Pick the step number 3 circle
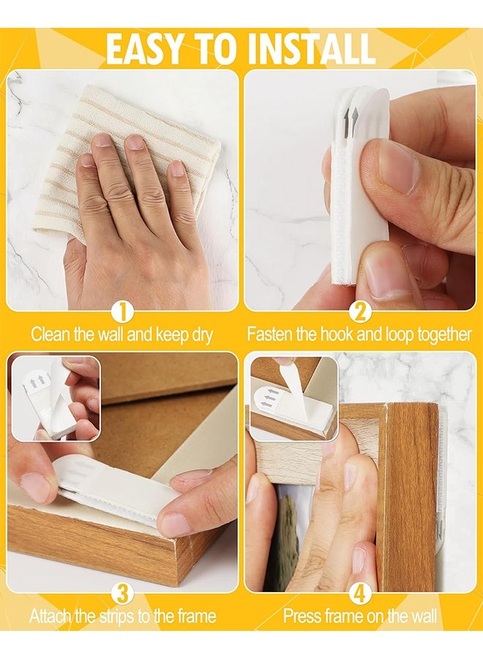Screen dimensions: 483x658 click(122, 594)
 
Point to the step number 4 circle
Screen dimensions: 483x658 click(360, 594)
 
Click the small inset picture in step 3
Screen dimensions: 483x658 click(56, 398)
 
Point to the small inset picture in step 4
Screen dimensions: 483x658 click(293, 398)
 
